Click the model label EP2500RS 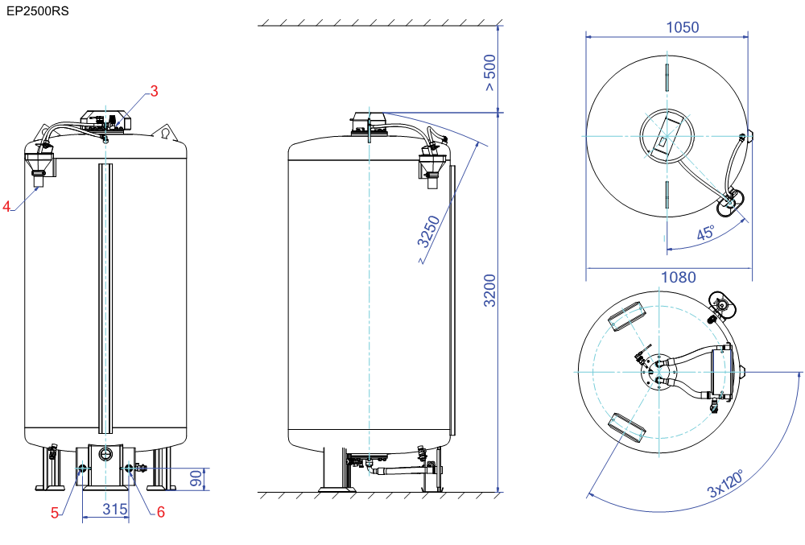click(x=38, y=10)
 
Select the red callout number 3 click(x=154, y=91)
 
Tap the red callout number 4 click(x=6, y=206)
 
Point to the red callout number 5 click(x=55, y=513)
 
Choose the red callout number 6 click(x=161, y=512)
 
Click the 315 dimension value click(x=114, y=509)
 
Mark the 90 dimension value click(x=196, y=478)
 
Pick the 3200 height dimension click(x=490, y=291)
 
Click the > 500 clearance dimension click(x=490, y=72)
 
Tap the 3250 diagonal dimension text click(x=428, y=232)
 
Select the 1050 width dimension click(x=683, y=27)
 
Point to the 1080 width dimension click(x=678, y=277)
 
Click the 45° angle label click(x=706, y=233)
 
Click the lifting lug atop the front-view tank click(x=165, y=133)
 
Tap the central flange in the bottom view click(x=658, y=372)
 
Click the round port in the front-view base click(x=105, y=454)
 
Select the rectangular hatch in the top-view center click(x=666, y=135)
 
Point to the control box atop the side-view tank click(x=369, y=124)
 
